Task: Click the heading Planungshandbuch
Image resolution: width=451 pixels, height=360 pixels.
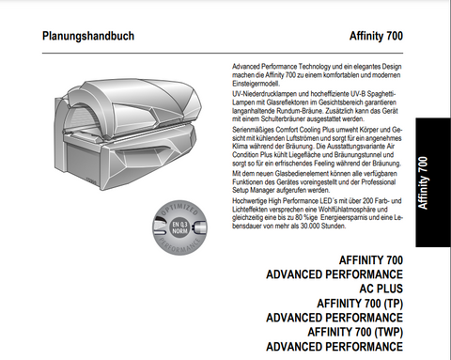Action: [x=88, y=37]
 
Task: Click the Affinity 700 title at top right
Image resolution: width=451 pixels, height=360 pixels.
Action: [x=376, y=37]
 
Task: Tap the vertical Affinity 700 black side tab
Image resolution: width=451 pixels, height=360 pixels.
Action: [x=434, y=173]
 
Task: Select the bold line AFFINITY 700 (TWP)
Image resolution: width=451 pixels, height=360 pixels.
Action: [x=356, y=333]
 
